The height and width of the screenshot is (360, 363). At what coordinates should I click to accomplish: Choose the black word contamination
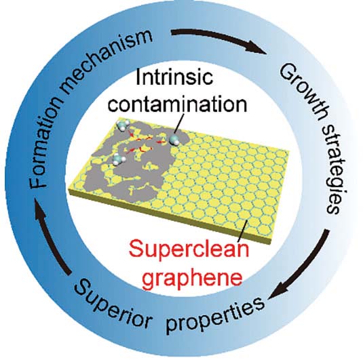(178, 104)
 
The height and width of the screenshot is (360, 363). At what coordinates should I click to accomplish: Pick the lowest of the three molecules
(118, 159)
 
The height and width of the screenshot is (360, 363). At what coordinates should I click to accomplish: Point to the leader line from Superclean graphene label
(244, 230)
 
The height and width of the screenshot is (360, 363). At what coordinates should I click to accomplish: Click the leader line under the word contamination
(179, 123)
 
